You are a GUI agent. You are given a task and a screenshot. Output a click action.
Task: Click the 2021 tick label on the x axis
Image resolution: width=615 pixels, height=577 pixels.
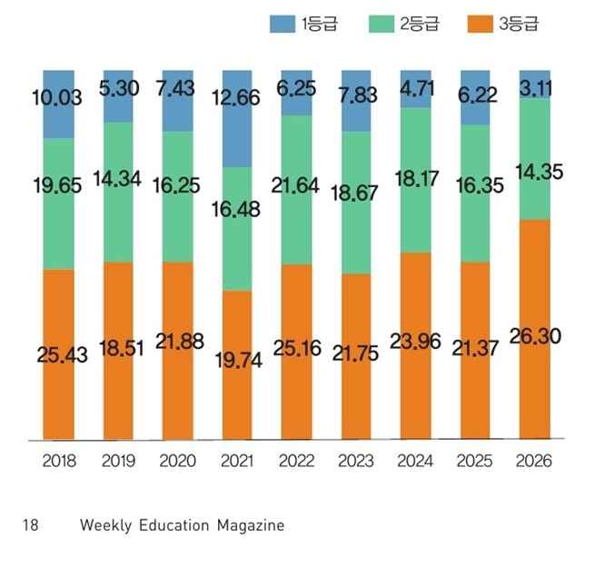click(236, 461)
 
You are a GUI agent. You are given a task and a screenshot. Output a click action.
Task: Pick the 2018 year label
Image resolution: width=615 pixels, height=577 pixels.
click(59, 461)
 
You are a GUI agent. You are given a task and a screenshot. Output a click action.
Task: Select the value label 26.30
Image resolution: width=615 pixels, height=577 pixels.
click(533, 337)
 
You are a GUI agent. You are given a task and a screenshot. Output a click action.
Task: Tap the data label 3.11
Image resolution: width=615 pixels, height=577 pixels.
click(533, 88)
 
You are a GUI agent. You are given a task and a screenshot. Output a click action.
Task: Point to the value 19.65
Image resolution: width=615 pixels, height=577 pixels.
click(59, 186)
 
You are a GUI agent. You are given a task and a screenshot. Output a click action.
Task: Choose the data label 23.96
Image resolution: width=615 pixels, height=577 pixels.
click(414, 343)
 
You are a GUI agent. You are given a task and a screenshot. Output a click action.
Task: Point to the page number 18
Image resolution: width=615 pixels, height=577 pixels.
click(30, 525)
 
